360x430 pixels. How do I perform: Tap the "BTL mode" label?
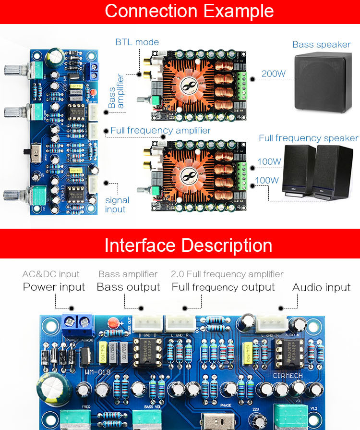(x=137, y=42)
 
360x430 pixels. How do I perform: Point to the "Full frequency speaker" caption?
(x=309, y=138)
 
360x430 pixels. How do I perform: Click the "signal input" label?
(x=117, y=205)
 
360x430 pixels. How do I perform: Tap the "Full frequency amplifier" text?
(x=160, y=130)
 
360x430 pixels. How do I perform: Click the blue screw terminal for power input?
(x=77, y=321)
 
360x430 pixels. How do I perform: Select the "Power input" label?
(x=54, y=287)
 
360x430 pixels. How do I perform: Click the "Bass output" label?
(x=128, y=287)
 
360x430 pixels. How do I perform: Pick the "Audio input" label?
(x=321, y=287)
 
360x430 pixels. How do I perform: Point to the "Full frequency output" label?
(x=223, y=287)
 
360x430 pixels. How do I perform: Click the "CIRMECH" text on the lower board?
(x=287, y=375)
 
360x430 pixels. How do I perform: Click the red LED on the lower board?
(x=114, y=322)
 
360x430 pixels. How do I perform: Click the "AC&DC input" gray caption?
(x=51, y=274)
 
